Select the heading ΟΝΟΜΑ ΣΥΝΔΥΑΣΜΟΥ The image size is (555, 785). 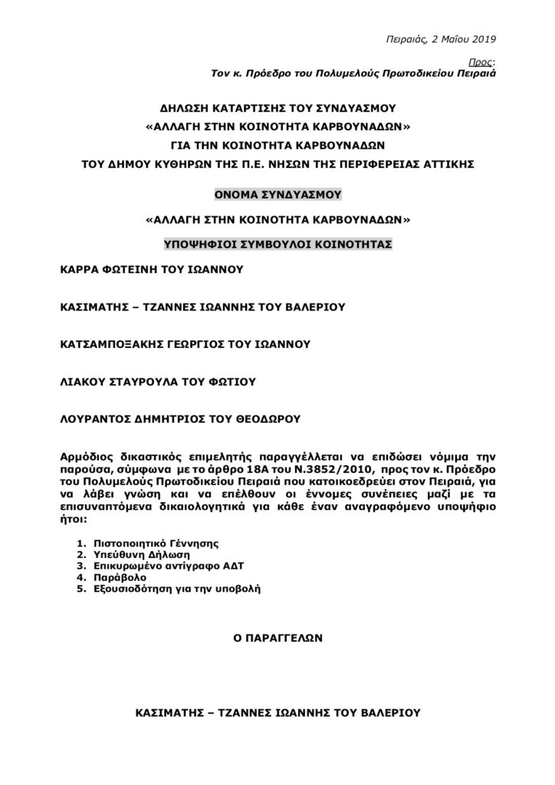[277, 195]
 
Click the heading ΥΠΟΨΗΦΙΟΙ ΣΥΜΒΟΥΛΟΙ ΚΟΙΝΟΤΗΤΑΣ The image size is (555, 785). [277, 245]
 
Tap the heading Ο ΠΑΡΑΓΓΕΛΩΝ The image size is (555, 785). [277, 636]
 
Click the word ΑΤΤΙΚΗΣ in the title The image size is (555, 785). [467, 163]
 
